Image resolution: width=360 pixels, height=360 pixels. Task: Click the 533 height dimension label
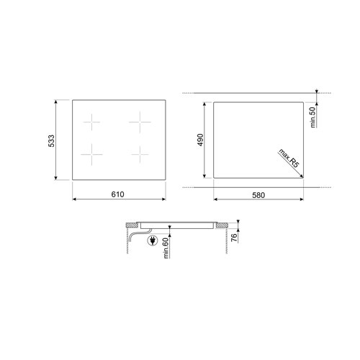(x=51, y=141)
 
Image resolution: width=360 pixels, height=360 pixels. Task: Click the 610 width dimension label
(x=117, y=194)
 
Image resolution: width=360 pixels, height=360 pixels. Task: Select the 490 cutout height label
(x=200, y=140)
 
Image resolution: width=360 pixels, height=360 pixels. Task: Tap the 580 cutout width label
(x=258, y=195)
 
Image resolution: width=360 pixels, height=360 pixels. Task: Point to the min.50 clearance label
(x=312, y=117)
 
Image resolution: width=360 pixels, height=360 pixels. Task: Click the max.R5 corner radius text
(x=289, y=158)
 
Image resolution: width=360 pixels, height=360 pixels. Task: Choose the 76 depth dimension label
(x=234, y=237)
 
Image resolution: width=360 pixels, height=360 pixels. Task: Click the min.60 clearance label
(x=166, y=248)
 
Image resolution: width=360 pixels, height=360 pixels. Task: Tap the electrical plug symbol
(x=153, y=240)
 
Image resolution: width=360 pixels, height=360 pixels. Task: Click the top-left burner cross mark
(x=91, y=122)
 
